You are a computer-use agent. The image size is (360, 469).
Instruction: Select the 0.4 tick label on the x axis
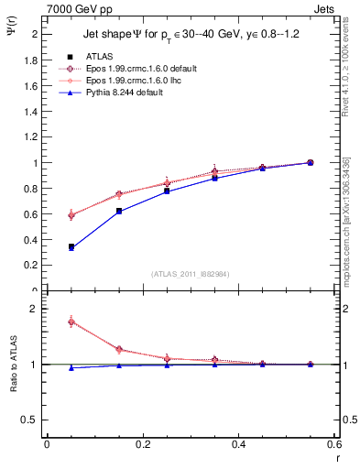pyautogui.click(x=238, y=444)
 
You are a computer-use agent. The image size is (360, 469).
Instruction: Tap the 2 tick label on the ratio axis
pyautogui.click(x=34, y=310)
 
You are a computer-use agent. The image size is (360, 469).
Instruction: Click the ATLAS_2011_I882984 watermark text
pyautogui.click(x=191, y=274)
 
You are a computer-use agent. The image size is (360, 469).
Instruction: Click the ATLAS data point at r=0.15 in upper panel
pyautogui.click(x=119, y=211)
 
